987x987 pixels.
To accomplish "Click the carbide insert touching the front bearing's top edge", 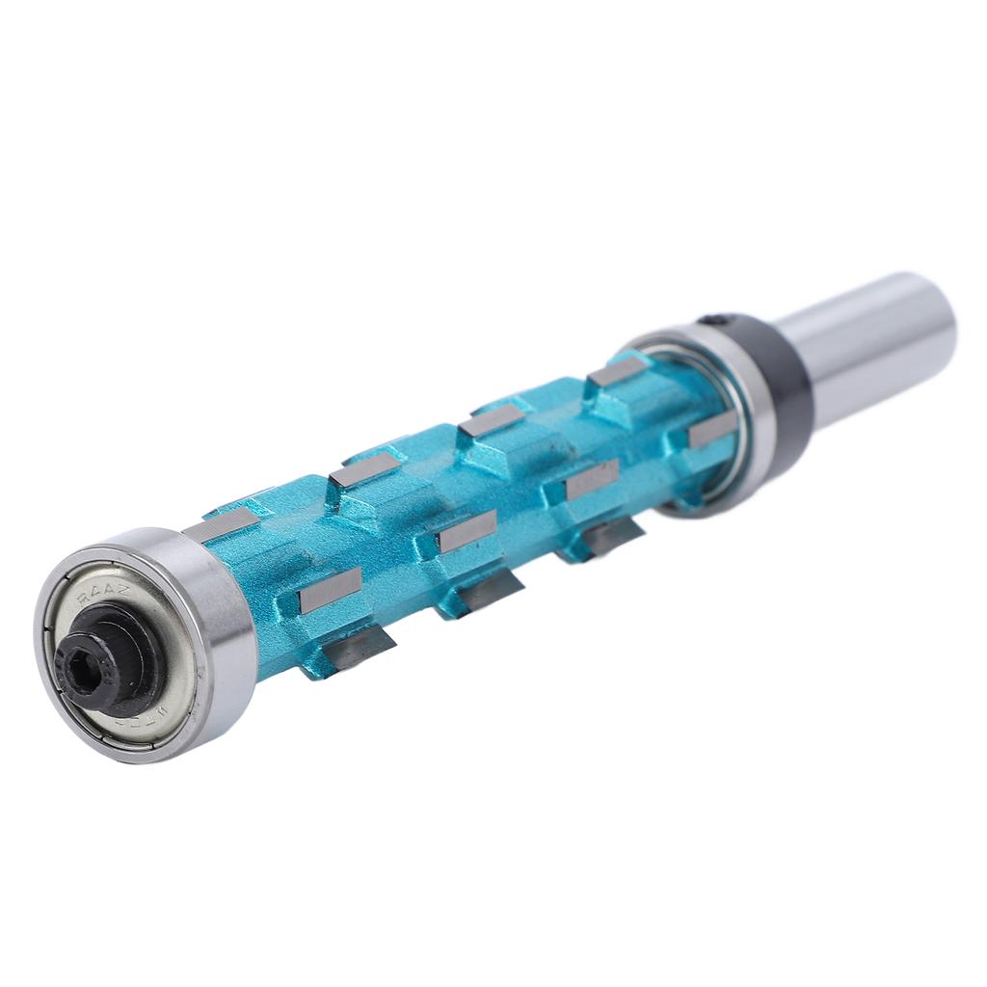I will [221, 525].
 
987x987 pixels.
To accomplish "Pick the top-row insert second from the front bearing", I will [364, 468].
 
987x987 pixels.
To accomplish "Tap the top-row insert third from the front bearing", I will [490, 420].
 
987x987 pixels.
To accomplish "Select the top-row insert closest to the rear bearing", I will [616, 372].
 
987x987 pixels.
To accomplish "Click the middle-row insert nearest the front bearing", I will [330, 589].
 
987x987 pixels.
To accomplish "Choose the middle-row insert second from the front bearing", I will [467, 531].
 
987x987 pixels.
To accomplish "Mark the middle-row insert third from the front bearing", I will [592, 480].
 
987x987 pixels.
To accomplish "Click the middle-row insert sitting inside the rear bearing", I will [712, 432].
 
